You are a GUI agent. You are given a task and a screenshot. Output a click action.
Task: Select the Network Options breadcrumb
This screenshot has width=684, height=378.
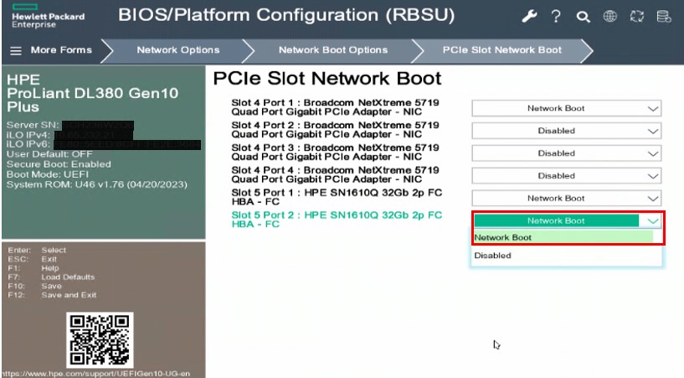pyautogui.click(x=177, y=50)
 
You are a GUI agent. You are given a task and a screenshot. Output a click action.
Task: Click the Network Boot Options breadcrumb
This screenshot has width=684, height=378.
pyautogui.click(x=332, y=50)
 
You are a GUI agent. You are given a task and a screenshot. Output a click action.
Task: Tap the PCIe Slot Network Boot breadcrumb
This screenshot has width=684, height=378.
pyautogui.click(x=501, y=50)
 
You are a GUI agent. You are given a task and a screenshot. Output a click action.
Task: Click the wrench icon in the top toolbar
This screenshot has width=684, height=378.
pyautogui.click(x=529, y=17)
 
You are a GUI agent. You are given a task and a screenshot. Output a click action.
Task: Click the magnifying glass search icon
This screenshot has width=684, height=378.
pyautogui.click(x=583, y=17)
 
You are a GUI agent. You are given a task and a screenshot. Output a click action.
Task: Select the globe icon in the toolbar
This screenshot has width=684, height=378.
pyautogui.click(x=610, y=17)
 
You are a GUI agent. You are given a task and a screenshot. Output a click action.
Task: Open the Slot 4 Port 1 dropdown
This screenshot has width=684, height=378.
pyautogui.click(x=566, y=108)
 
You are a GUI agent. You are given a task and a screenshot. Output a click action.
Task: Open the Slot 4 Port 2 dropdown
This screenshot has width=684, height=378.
pyautogui.click(x=566, y=131)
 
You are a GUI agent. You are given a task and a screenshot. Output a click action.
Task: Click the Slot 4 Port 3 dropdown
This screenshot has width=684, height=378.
pyautogui.click(x=566, y=153)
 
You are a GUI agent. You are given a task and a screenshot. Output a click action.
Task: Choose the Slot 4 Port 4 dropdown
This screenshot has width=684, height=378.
pyautogui.click(x=566, y=176)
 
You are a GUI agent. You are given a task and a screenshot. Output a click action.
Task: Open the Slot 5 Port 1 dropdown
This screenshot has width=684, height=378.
pyautogui.click(x=566, y=199)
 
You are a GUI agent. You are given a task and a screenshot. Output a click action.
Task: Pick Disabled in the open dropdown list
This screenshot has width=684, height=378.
pyautogui.click(x=492, y=256)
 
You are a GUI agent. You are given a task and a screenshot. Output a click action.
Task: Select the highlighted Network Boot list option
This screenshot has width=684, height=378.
pyautogui.click(x=503, y=238)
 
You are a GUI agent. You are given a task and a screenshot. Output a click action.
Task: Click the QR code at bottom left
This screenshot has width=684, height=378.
pyautogui.click(x=100, y=340)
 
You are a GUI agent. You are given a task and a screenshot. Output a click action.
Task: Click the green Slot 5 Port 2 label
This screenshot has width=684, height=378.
pyautogui.click(x=336, y=220)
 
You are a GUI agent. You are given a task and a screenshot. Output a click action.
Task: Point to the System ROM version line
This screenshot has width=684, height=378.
pyautogui.click(x=97, y=184)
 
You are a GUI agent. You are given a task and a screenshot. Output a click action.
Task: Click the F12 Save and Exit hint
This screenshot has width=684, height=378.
pyautogui.click(x=52, y=295)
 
